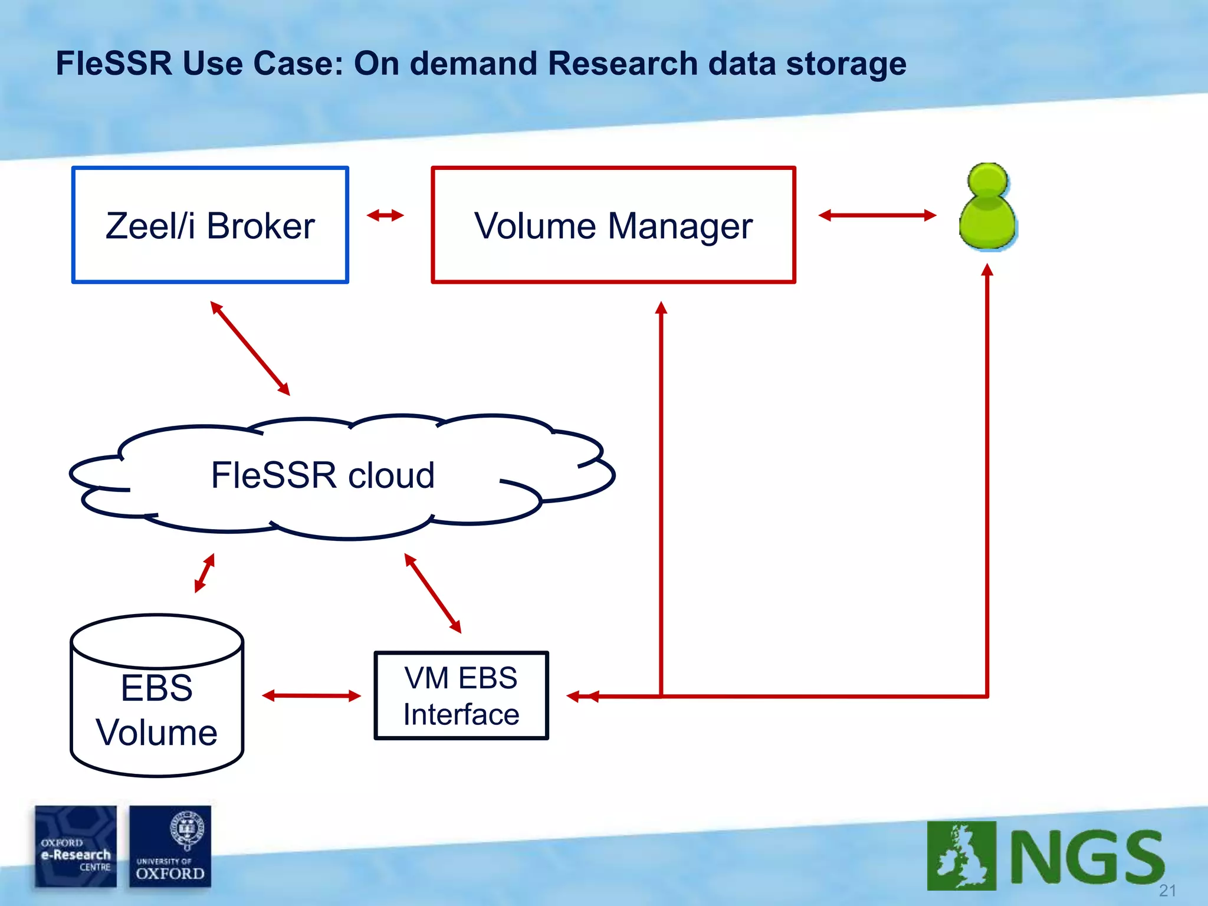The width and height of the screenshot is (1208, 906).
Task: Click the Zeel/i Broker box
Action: (210, 225)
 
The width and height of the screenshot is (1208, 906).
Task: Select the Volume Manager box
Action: (613, 225)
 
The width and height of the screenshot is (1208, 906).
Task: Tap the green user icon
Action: (988, 206)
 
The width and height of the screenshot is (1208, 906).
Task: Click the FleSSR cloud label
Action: (323, 475)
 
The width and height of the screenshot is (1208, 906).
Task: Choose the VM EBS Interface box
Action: (461, 695)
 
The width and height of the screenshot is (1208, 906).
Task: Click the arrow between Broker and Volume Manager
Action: (385, 215)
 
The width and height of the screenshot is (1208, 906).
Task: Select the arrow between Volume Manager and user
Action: (877, 215)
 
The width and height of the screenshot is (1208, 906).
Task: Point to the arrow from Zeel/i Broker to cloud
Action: (250, 348)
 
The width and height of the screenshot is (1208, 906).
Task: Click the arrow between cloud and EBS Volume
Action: (205, 572)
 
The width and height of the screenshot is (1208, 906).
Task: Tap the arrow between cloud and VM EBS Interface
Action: (432, 593)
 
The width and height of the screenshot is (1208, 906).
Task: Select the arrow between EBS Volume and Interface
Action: (311, 696)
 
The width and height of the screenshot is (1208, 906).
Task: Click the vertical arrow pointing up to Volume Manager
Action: (661, 495)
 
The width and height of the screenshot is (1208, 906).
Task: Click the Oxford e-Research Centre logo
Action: (75, 846)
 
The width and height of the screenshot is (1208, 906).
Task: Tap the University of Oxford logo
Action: (170, 846)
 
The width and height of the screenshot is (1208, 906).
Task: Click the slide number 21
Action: (1167, 890)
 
